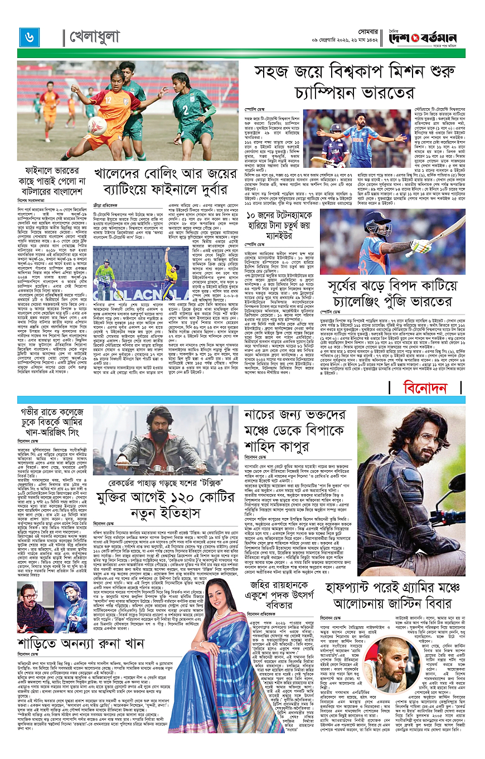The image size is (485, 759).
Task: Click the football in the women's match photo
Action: pos(96,125)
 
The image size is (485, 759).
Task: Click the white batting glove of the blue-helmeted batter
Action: pos(420,245)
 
